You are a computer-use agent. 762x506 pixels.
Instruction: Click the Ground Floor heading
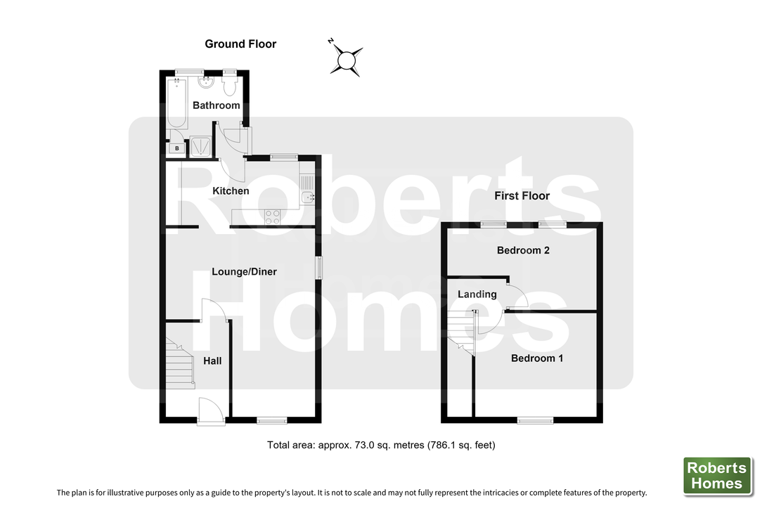point(240,44)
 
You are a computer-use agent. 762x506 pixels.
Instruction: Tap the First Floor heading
point(522,196)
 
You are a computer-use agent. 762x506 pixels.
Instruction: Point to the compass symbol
point(347,60)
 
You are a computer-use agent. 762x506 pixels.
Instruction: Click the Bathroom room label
point(217,105)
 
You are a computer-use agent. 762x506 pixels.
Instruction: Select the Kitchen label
point(231,191)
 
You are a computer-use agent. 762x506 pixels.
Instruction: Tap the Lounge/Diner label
point(244,272)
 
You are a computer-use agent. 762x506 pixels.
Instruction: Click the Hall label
point(212,361)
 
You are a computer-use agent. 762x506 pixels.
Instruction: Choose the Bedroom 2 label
point(523,250)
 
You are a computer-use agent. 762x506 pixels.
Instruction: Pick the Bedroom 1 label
point(537,358)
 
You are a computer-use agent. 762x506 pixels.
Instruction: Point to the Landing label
point(477,294)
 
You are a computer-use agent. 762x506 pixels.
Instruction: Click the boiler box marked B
point(177,148)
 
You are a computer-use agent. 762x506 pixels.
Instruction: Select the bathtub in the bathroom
point(177,103)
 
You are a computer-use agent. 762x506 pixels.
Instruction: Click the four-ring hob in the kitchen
point(272,216)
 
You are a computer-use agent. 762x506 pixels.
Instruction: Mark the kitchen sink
point(307,190)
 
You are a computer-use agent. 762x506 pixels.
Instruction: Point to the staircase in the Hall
point(180,363)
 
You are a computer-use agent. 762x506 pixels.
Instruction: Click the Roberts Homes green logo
point(718,476)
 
